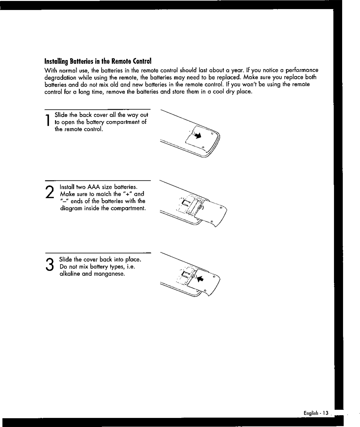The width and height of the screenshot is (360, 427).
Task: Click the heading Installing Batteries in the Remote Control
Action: [98, 61]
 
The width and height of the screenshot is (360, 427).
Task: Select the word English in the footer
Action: [311, 413]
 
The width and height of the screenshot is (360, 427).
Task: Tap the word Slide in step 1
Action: [61, 115]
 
